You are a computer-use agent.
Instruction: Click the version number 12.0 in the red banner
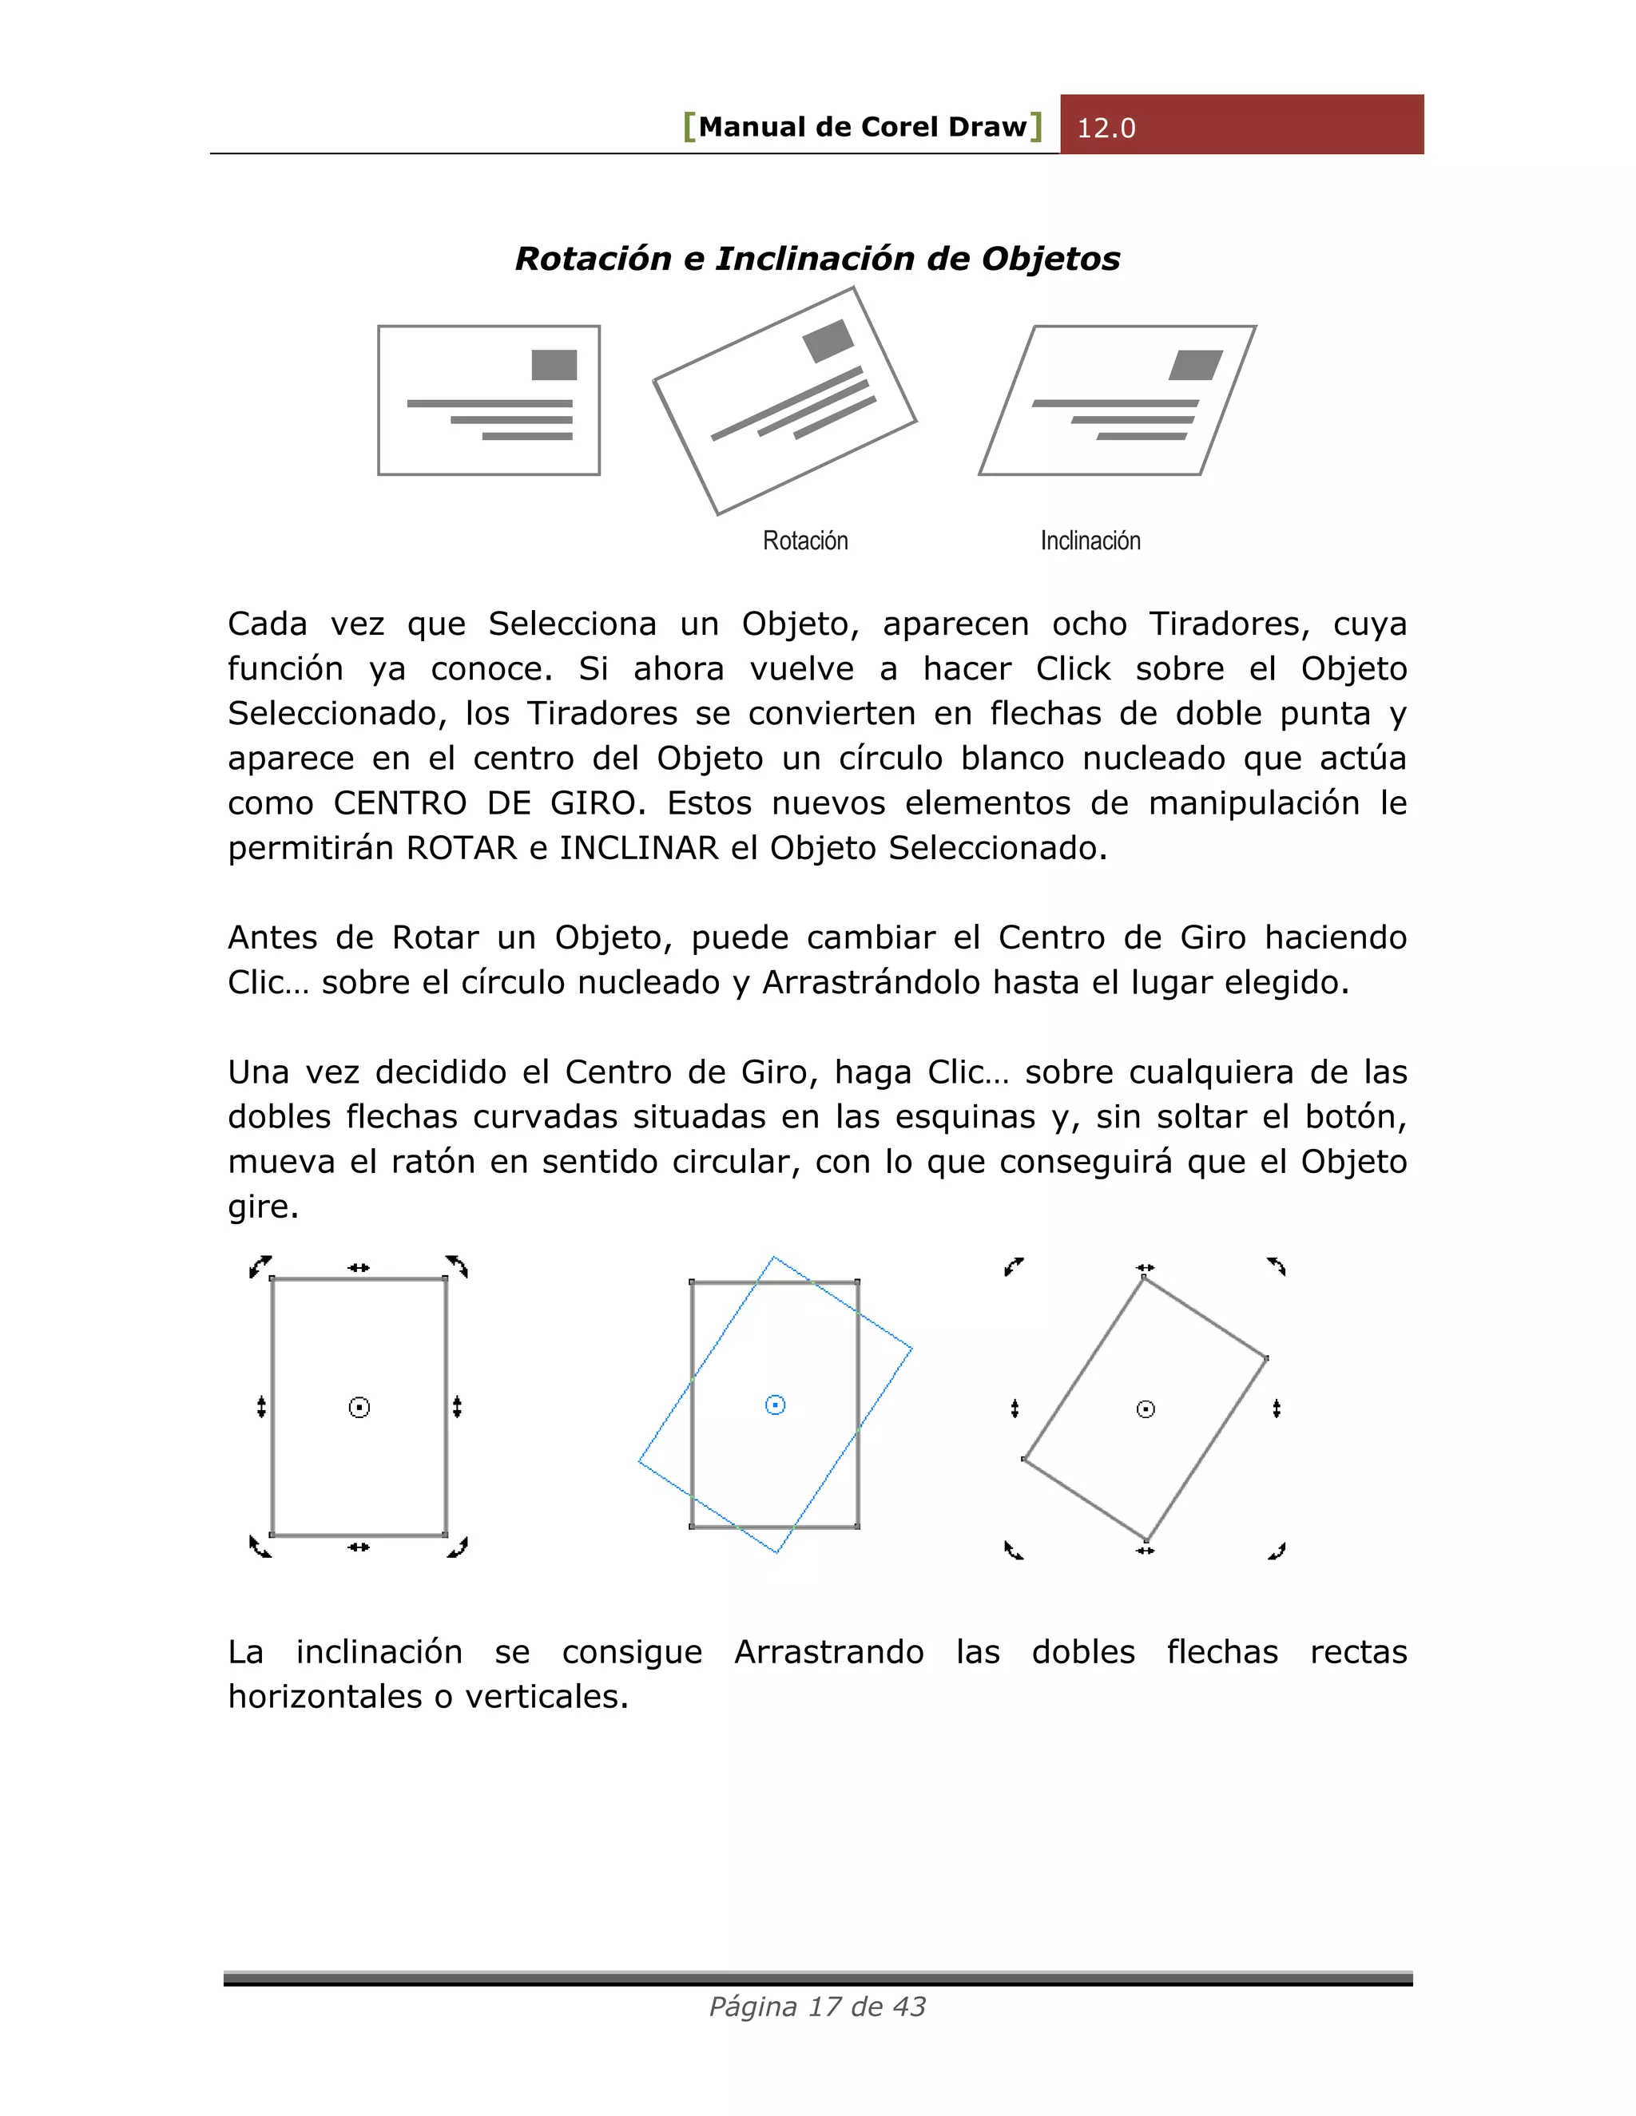pos(1106,128)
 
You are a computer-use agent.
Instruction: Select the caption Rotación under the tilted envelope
pos(804,541)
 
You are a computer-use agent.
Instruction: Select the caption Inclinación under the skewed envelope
pos(1090,541)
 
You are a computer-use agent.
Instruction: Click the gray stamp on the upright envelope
pos(554,365)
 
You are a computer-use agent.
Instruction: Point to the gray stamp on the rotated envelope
pos(828,341)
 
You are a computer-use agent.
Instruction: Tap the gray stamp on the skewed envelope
pos(1195,365)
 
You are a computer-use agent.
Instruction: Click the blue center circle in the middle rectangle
pos(776,1405)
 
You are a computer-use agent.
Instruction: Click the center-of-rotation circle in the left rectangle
pos(359,1408)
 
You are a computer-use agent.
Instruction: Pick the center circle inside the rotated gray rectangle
pos(1146,1409)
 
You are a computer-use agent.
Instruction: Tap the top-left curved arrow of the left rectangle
pos(260,1266)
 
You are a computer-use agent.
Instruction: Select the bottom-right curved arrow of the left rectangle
pos(458,1547)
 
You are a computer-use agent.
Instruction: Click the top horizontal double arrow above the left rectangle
pos(359,1267)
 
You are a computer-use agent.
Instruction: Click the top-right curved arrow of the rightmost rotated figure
pos(1277,1266)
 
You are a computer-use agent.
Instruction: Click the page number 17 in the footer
pos(824,2007)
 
